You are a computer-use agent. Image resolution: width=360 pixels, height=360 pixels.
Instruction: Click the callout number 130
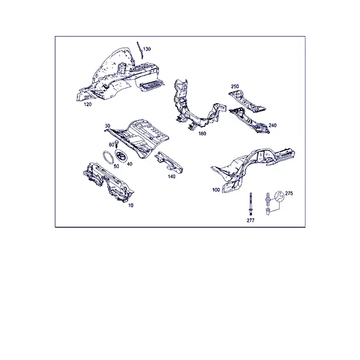point(147,49)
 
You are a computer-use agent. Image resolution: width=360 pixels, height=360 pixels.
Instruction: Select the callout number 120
point(88,104)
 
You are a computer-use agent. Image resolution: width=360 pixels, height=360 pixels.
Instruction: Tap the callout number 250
point(235,86)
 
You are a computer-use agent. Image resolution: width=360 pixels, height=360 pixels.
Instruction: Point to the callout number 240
point(272,125)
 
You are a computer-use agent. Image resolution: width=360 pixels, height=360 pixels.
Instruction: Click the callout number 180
point(202,134)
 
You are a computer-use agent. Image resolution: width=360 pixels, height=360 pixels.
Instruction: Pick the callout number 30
point(107,126)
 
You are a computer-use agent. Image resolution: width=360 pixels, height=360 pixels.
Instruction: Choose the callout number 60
point(112,145)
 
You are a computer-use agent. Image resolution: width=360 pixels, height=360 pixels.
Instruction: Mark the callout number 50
point(116,166)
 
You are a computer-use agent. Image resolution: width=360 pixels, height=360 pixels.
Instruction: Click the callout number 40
point(130,164)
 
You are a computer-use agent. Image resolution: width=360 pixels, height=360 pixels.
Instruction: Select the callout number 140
point(172,176)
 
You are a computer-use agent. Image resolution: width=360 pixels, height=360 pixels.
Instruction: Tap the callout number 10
point(131,205)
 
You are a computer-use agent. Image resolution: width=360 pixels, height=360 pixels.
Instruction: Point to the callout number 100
point(216,190)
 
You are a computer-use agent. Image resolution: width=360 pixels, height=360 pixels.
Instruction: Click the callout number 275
point(289,193)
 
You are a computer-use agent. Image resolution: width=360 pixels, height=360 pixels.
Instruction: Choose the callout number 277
point(251,220)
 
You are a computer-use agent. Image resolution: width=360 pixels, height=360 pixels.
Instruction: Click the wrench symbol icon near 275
point(279,197)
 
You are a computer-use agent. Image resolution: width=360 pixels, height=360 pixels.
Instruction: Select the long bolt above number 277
point(251,204)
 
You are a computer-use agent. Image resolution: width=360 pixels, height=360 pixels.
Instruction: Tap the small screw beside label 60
point(116,144)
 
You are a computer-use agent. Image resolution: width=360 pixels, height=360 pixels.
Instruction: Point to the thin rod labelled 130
point(140,50)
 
